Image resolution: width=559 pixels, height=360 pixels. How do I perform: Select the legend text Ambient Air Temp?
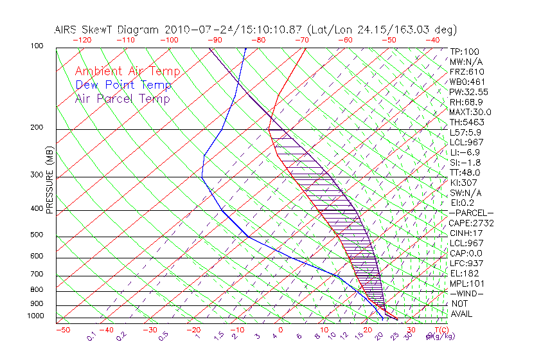tap(127, 71)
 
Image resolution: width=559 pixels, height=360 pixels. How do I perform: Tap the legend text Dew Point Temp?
tap(123, 85)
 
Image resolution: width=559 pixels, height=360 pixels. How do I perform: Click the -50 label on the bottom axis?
tap(62, 330)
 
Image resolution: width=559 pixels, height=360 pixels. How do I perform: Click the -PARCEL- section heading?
tap(472, 213)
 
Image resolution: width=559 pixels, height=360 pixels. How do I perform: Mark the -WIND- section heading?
tap(468, 293)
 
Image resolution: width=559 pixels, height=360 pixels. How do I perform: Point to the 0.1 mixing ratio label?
tap(92, 336)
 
